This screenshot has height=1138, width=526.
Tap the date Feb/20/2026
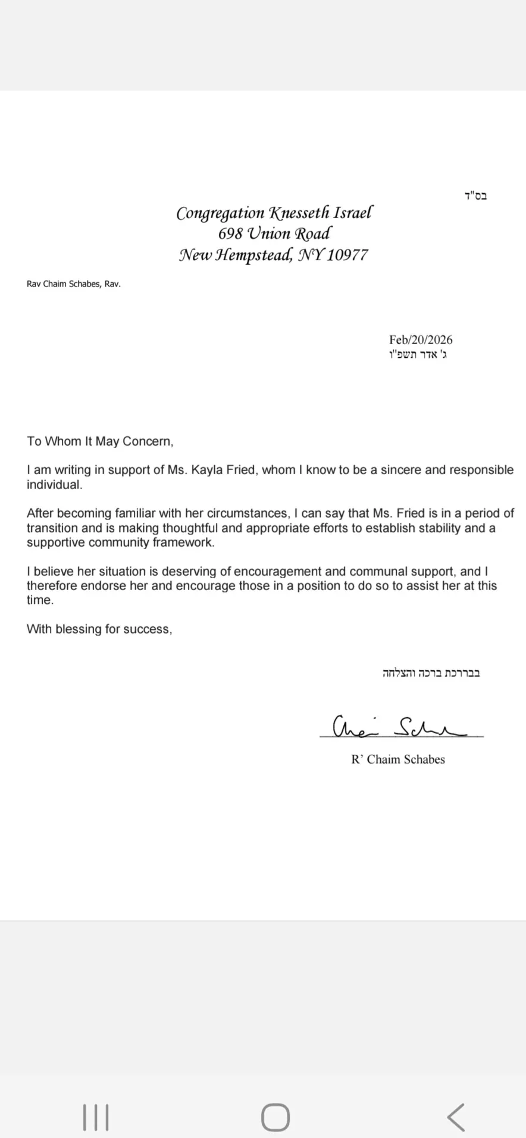pos(421,340)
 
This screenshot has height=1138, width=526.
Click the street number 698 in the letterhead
pos(230,234)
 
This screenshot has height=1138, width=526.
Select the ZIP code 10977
pos(347,256)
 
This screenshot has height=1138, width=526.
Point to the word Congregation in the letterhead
pos(220,213)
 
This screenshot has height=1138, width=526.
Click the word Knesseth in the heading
pos(302,213)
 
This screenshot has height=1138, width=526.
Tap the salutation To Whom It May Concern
pos(100,442)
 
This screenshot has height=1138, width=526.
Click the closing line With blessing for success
pos(99,629)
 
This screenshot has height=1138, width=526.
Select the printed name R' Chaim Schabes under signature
pos(398,759)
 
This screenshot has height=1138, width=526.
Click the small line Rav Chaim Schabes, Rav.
pos(74,284)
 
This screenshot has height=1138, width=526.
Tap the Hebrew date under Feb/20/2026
pos(417,355)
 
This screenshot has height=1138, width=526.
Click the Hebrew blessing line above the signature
pos(431,673)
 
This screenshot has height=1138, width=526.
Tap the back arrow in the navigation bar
pos(456,1117)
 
